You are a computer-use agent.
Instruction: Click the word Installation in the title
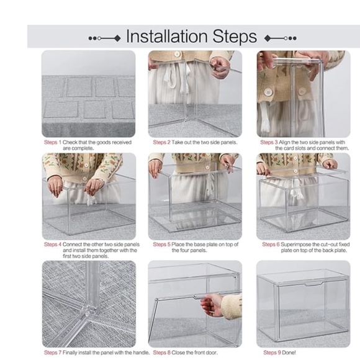pos(167,36)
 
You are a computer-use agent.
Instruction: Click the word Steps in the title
pos(235,36)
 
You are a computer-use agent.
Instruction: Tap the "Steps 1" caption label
pos(53,142)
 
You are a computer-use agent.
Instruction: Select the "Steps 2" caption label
pos(161,142)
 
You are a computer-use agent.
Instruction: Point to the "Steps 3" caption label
pos(269,142)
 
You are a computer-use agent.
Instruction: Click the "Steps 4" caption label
pos(53,245)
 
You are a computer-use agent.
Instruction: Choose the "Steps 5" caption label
pos(161,245)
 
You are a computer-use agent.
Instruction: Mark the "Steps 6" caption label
pos(271,245)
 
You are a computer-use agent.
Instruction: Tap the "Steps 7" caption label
pos(53,353)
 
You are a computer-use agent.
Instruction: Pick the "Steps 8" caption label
pos(161,353)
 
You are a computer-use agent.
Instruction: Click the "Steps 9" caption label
pos(272,353)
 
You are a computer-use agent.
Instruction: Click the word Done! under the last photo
pos(289,353)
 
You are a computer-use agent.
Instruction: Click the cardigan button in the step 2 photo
pos(177,54)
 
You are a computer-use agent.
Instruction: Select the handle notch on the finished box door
pos(313,284)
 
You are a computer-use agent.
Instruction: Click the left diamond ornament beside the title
pos(117,38)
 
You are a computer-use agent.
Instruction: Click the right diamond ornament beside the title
pos(268,38)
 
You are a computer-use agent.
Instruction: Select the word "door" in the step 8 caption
pos(212,353)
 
